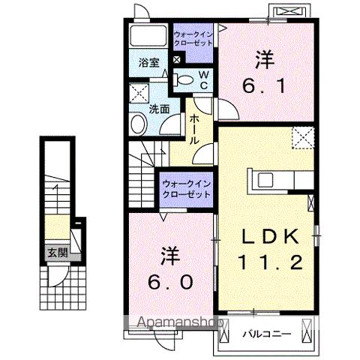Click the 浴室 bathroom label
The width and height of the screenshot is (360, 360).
pos(148,63)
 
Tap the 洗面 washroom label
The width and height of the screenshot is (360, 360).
pos(158,108)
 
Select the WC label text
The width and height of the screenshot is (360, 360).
pos(202,79)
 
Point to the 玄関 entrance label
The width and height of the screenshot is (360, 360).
pos(57,253)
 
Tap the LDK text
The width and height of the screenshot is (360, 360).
pos(271,236)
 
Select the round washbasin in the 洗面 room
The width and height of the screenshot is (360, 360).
pos(137,124)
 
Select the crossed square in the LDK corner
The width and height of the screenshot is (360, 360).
pos(303,138)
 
